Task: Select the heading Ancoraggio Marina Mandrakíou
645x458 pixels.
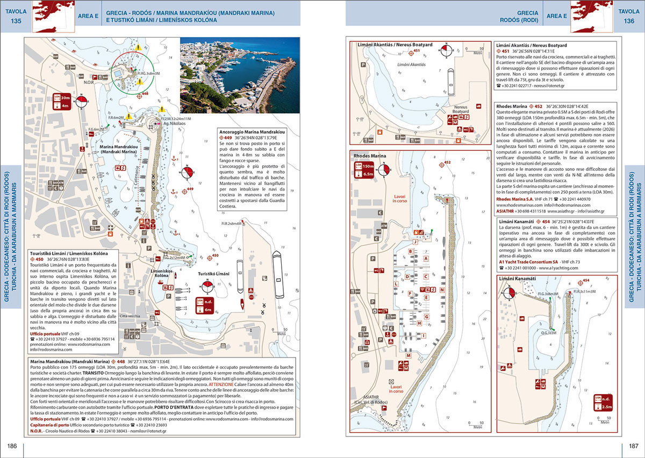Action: [252, 131]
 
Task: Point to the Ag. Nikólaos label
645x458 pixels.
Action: [167, 123]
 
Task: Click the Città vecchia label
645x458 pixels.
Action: [131, 316]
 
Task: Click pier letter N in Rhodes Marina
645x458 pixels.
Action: [442, 289]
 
